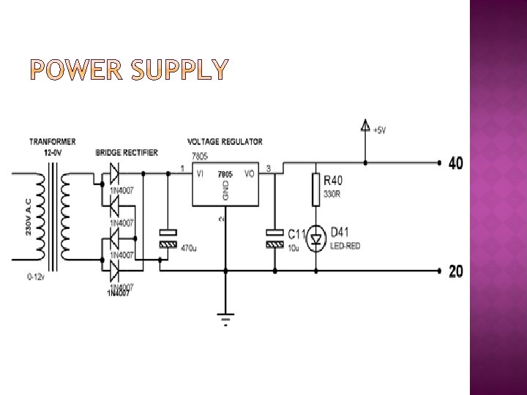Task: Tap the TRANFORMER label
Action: point(52,141)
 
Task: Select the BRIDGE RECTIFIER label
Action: point(127,152)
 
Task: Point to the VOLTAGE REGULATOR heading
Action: point(225,141)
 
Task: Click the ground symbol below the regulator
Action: point(225,320)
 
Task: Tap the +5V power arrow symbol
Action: point(365,127)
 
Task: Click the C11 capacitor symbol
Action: point(274,238)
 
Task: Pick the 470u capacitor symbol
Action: point(168,238)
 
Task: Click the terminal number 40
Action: point(455,164)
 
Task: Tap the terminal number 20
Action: point(455,272)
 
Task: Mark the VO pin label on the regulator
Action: point(249,174)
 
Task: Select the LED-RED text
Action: point(345,247)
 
